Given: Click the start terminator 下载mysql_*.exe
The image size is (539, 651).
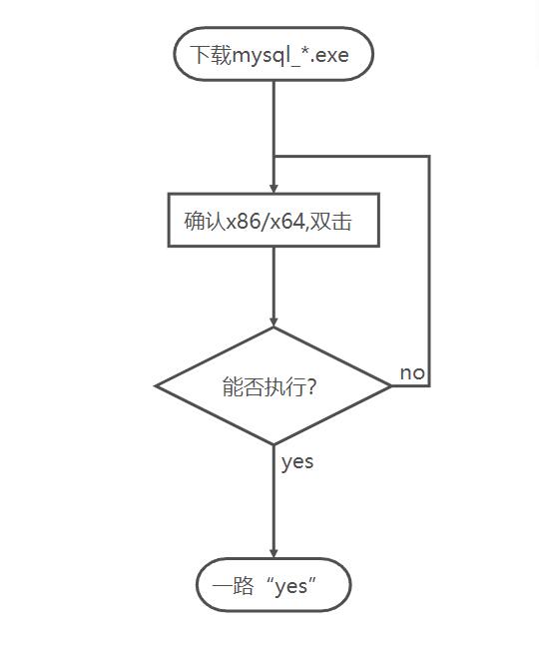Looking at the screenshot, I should [272, 54].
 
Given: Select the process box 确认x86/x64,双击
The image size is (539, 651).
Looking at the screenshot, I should [272, 220].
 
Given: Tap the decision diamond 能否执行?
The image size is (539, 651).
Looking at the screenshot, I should [272, 385].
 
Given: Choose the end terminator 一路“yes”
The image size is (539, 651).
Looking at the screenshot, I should [272, 586].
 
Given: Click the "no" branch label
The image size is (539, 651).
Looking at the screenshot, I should [412, 372].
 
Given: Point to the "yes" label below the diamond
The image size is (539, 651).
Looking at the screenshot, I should [296, 461].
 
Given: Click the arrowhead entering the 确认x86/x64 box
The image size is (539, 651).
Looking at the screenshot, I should [273, 187].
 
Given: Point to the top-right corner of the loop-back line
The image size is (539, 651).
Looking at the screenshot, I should [429, 157].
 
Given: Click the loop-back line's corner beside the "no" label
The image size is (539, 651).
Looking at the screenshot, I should [429, 385].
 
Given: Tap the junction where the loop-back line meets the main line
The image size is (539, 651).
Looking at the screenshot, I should [273, 157].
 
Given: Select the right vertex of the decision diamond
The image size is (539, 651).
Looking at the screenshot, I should [391, 385].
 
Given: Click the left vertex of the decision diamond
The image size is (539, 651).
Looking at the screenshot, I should [156, 385].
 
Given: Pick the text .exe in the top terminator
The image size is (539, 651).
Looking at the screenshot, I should [331, 55].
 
